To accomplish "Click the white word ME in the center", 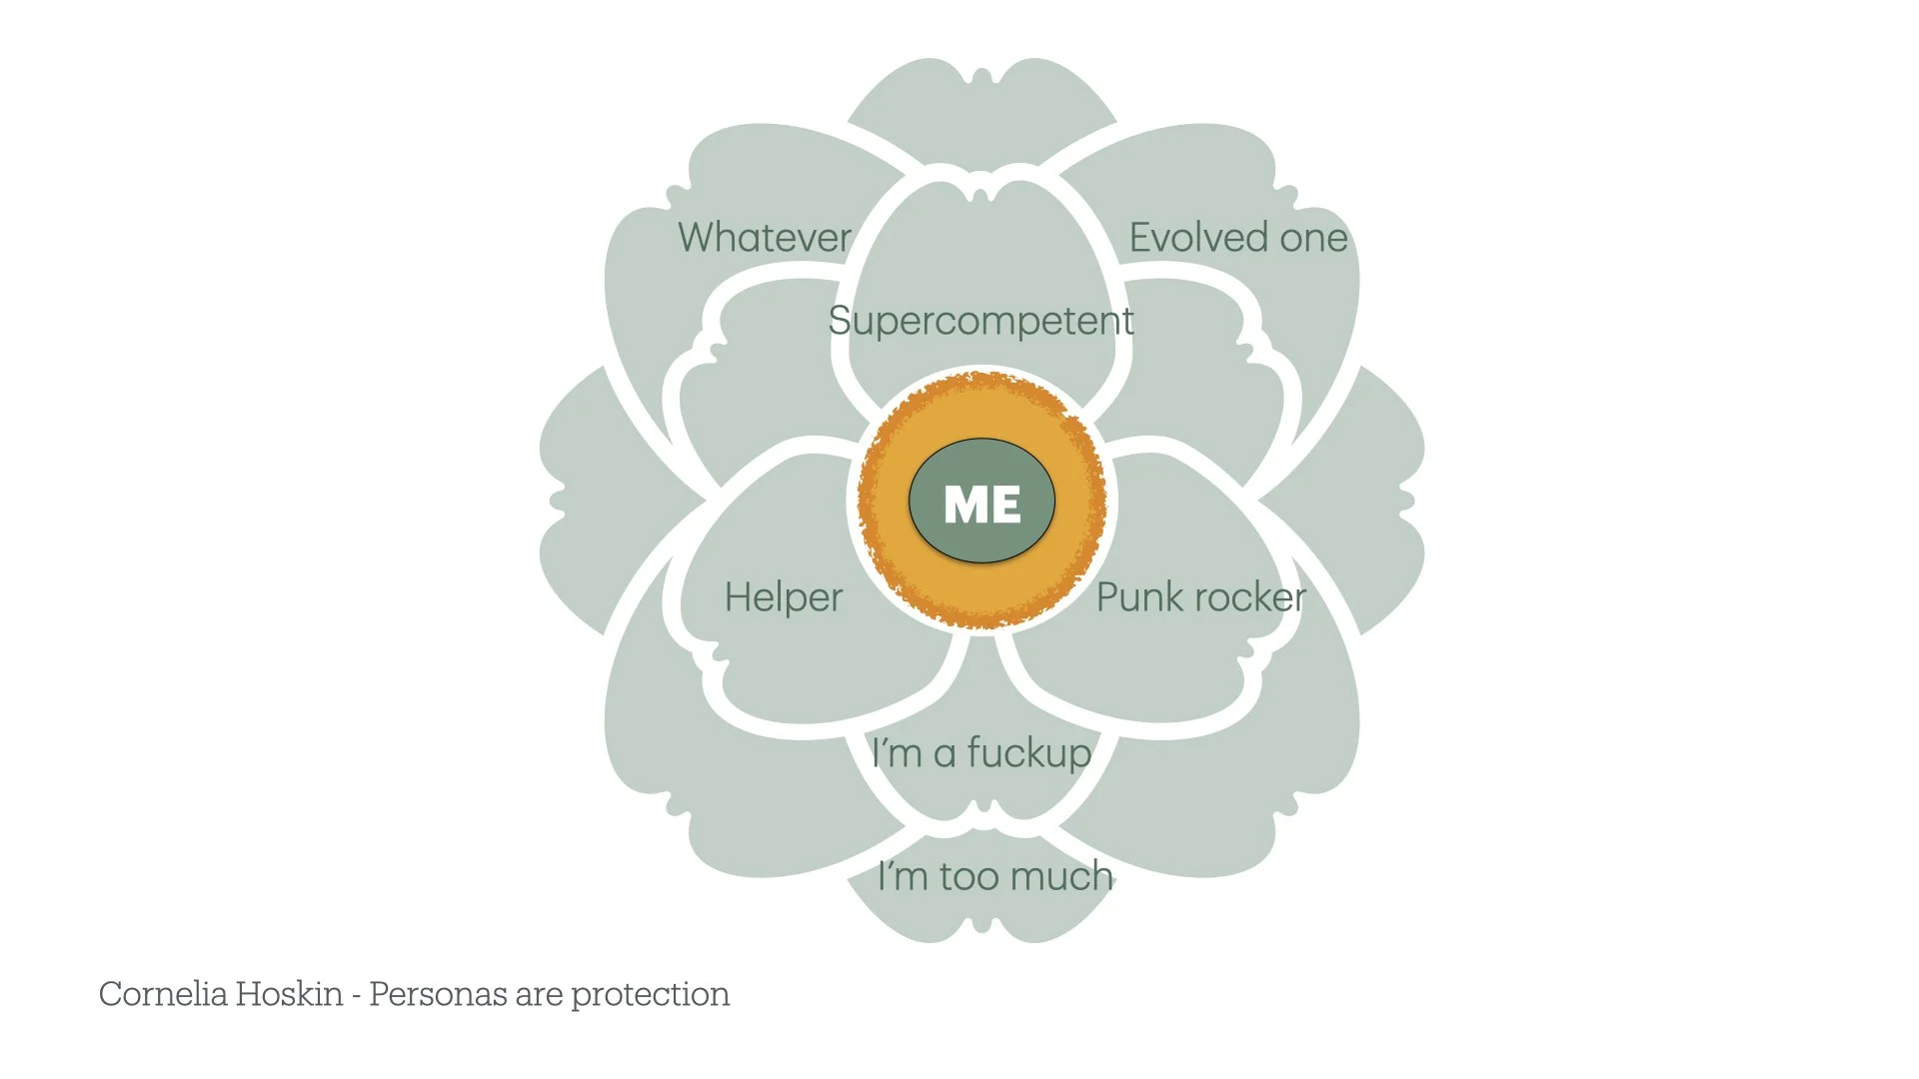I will [981, 504].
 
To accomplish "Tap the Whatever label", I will [765, 238].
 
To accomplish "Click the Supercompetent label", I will [980, 322].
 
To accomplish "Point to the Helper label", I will [784, 597].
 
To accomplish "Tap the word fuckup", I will [1029, 752].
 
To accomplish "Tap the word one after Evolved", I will [1313, 239].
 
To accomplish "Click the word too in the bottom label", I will [968, 877].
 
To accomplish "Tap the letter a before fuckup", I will [945, 755].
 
